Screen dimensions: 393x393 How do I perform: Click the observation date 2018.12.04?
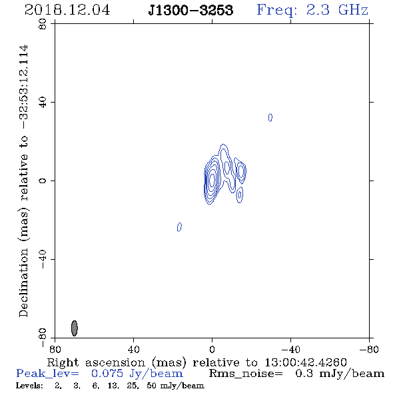[x=67, y=10]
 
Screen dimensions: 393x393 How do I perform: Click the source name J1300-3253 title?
[x=191, y=11]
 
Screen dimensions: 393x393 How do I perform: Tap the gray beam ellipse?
[x=75, y=328]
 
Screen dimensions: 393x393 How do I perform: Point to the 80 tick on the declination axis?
[x=43, y=24]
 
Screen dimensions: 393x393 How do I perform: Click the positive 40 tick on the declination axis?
[x=43, y=103]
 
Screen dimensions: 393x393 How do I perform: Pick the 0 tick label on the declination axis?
[x=43, y=181]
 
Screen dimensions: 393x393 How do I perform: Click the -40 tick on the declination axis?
[x=43, y=259]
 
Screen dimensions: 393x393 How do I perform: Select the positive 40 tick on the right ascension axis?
[x=133, y=350]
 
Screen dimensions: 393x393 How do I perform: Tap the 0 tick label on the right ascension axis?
[x=212, y=350]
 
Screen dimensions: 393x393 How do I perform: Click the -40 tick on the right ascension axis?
[x=290, y=350]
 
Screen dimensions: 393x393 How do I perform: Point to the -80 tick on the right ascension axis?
[x=369, y=350]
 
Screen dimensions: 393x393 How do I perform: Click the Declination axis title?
[x=23, y=181]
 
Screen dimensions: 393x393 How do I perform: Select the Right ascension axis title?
[x=197, y=362]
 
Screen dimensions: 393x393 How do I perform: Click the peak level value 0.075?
[x=107, y=374]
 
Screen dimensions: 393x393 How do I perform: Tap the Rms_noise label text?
[x=246, y=374]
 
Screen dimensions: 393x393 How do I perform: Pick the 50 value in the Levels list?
[x=151, y=386]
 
